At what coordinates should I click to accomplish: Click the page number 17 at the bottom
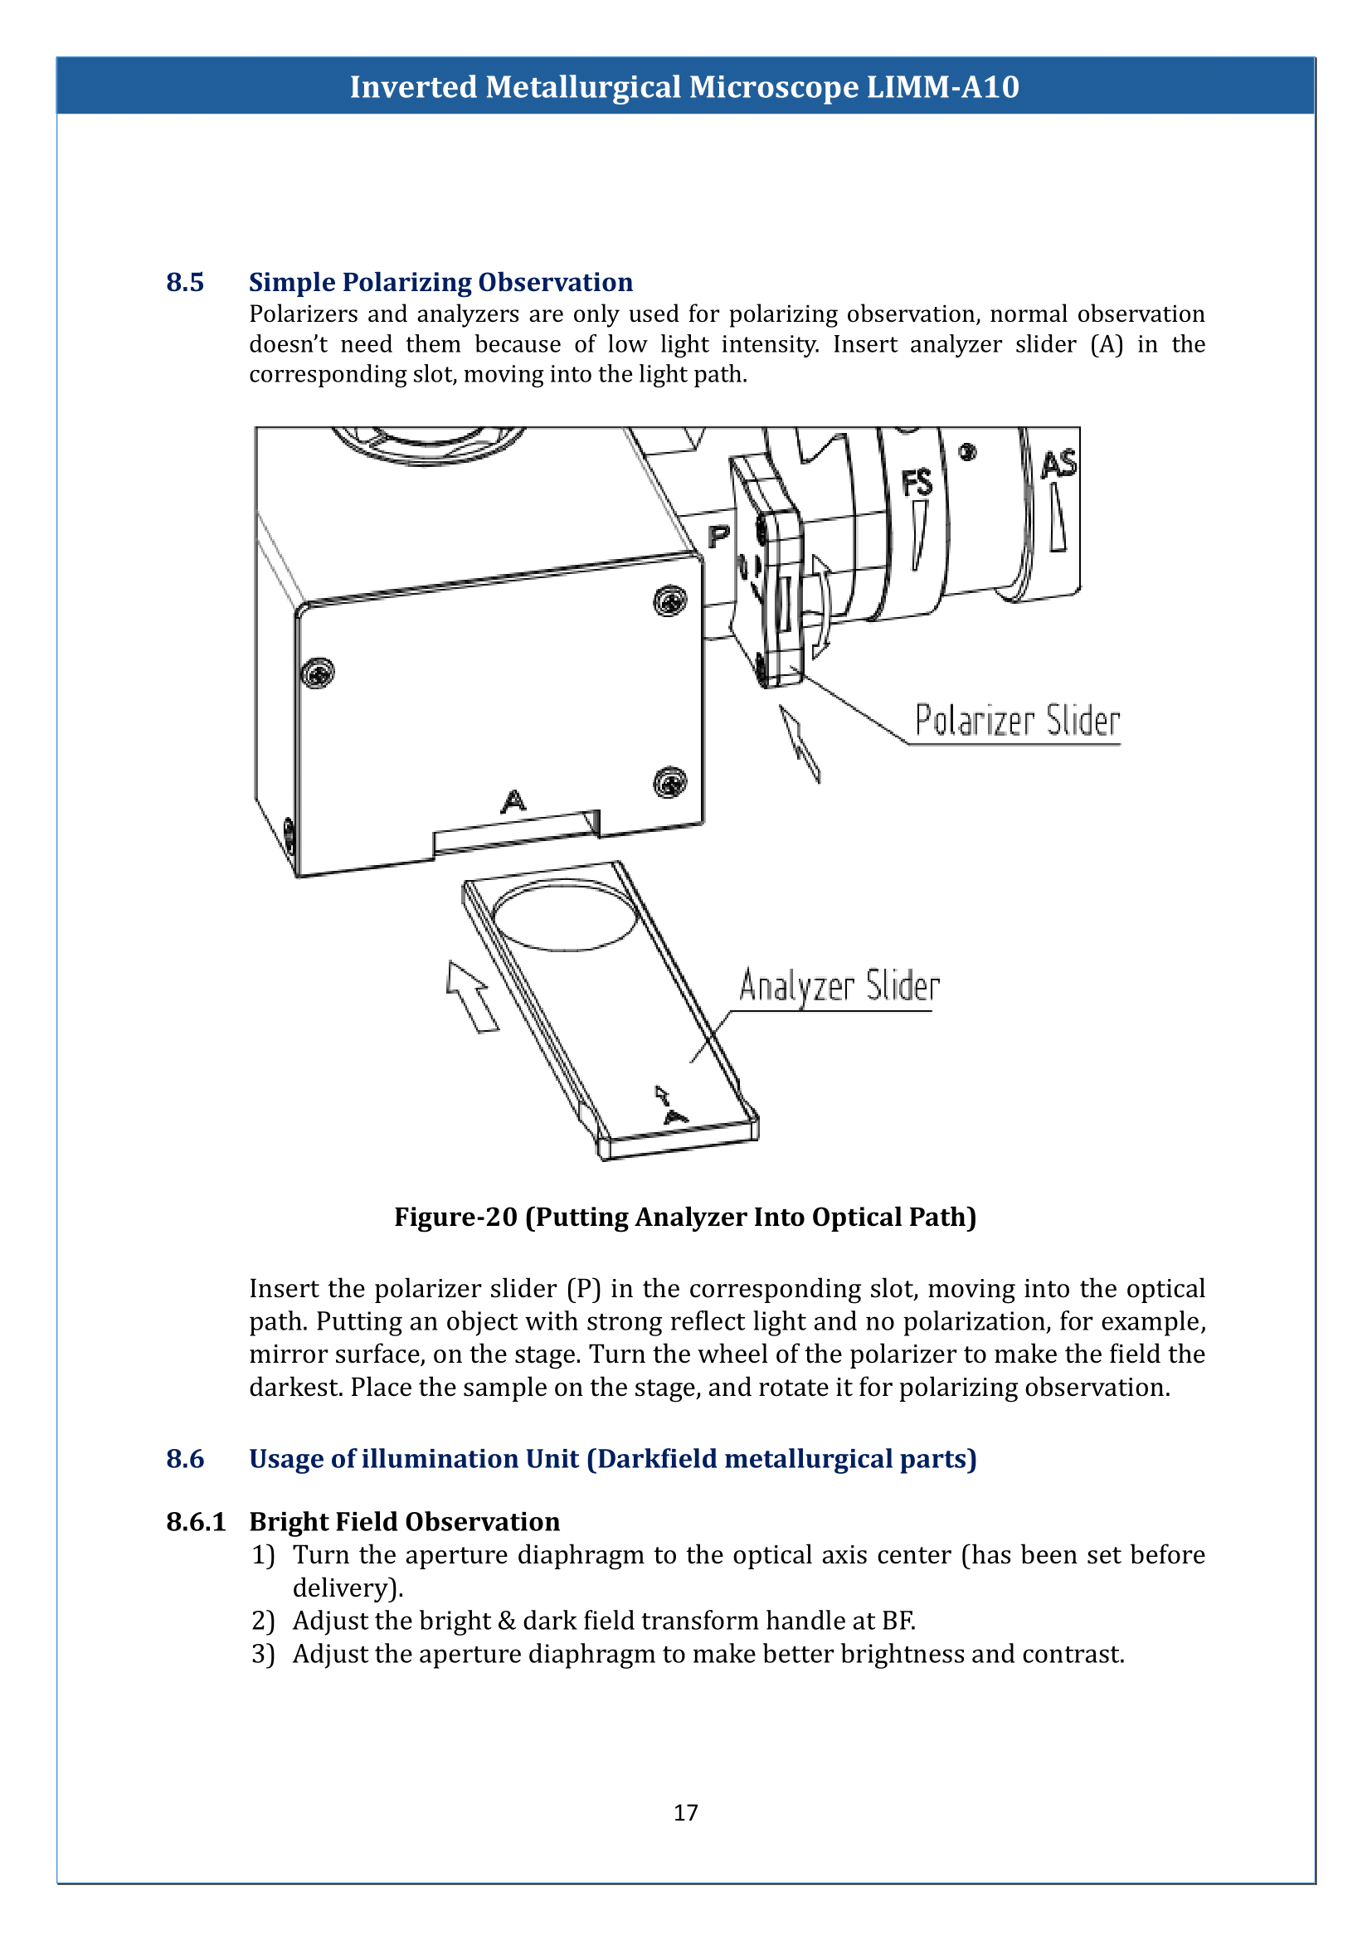tap(685, 1811)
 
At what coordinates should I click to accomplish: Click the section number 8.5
tap(184, 282)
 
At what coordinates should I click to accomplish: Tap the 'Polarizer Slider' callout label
tap(1016, 721)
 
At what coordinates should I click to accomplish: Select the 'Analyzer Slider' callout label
tap(839, 986)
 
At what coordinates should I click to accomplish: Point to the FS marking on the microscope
tap(917, 484)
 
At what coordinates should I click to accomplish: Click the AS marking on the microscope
tap(1058, 464)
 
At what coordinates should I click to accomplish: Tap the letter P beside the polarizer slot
tap(718, 536)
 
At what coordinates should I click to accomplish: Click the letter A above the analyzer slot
tap(513, 800)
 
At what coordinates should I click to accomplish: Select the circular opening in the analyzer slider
tap(564, 917)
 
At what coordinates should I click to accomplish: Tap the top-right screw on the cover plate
tap(670, 600)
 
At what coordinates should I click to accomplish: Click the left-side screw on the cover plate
tap(318, 673)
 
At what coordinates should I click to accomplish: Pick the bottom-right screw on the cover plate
tap(670, 782)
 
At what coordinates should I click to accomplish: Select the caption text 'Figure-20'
tap(455, 1217)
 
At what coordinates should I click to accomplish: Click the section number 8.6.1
tap(196, 1521)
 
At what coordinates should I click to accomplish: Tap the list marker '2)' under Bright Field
tap(263, 1620)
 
